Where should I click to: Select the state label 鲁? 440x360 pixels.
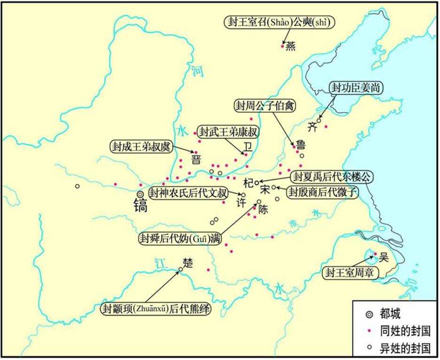pyautogui.click(x=300, y=144)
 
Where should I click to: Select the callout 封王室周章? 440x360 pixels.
pyautogui.click(x=353, y=272)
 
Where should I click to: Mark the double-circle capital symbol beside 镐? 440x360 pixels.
pyautogui.click(x=140, y=195)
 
